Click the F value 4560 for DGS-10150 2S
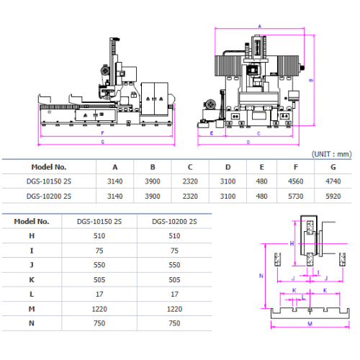tap(297, 181)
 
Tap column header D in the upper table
tap(228, 166)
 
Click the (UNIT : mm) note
tap(331, 153)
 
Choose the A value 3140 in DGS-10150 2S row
tap(115, 181)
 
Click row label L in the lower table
tap(32, 294)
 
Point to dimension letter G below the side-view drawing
tap(103, 143)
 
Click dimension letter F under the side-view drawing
tap(103, 133)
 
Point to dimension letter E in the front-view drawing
tap(212, 134)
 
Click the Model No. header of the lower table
tap(32, 221)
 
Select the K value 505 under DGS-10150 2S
tap(99, 280)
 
